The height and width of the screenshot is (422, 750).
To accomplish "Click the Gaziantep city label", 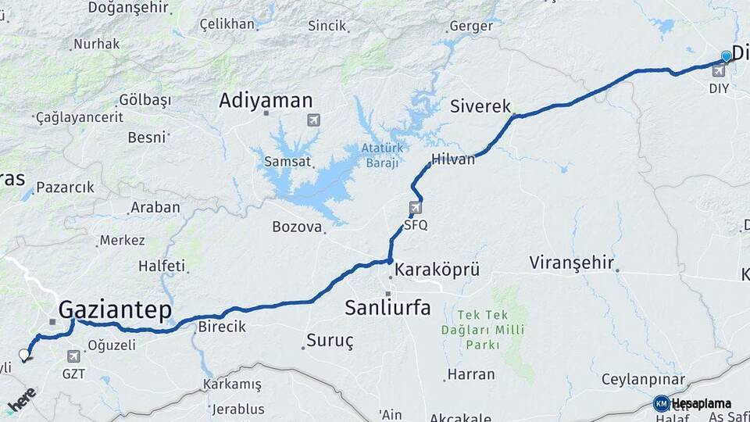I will click(x=115, y=309).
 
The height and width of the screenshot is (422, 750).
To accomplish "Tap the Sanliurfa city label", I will click(x=387, y=308).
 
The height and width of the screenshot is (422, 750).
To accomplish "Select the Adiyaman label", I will click(x=266, y=100).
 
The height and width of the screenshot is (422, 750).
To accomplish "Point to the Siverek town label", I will click(x=480, y=106).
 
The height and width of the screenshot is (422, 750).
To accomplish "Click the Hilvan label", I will click(x=453, y=159).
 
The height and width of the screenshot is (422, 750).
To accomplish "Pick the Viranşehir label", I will click(x=571, y=262).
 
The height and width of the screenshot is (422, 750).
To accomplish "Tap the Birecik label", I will click(x=222, y=327).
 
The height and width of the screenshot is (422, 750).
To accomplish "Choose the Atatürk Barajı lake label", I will click(x=380, y=156).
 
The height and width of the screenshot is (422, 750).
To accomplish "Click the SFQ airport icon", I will click(x=415, y=208).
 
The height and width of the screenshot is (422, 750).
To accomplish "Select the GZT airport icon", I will click(x=73, y=356).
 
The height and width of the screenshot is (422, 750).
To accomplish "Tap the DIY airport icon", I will click(x=719, y=71).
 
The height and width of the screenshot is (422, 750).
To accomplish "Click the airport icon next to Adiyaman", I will click(x=313, y=120).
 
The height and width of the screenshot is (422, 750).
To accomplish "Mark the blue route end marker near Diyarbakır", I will click(x=727, y=56).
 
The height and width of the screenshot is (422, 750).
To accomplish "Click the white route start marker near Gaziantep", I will click(x=24, y=355).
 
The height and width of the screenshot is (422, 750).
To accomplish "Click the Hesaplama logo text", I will click(x=701, y=403).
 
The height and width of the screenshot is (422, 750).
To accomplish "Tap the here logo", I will click(x=22, y=398).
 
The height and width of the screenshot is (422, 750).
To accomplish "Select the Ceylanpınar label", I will click(x=643, y=380).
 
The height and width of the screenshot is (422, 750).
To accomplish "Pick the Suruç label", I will click(x=330, y=341).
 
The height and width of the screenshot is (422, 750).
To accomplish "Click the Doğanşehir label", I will click(x=128, y=7).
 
